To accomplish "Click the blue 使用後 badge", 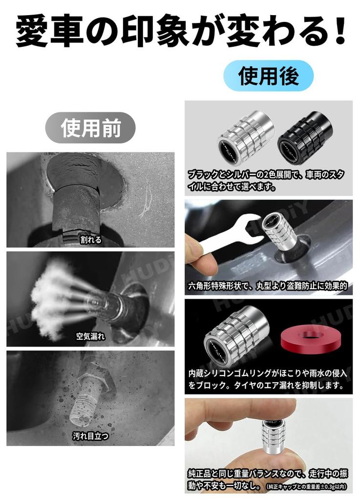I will (268, 76).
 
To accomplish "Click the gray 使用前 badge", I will (90, 127).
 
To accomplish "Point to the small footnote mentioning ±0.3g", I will (307, 486).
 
